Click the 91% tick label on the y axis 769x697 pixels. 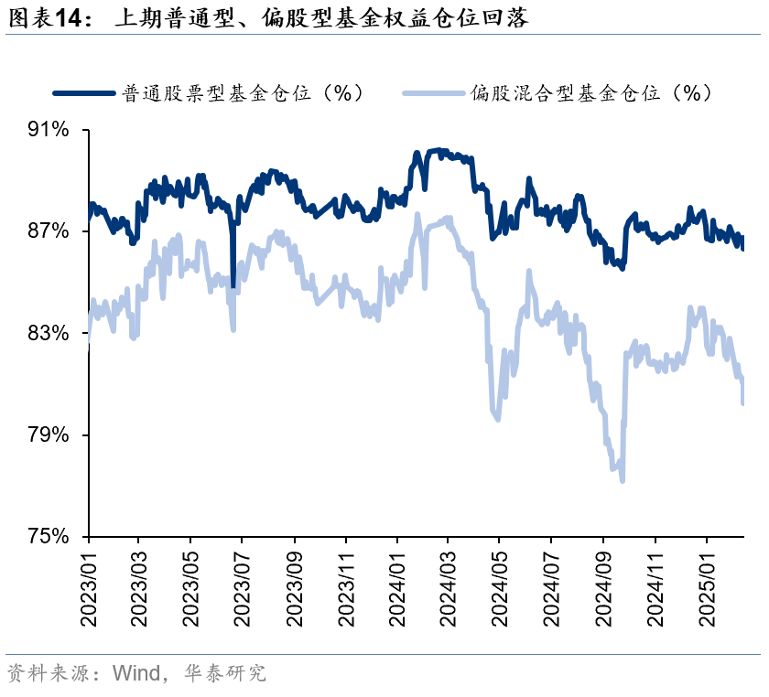coord(49,130)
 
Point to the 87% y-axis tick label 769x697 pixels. coord(49,231)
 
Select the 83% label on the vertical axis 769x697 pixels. coord(49,333)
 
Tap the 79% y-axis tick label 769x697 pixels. coord(49,434)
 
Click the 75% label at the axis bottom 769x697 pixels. coord(49,536)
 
